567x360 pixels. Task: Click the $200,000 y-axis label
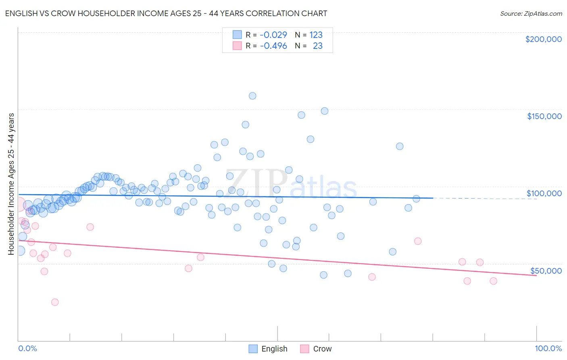click(x=543, y=39)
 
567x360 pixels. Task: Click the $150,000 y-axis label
click(x=544, y=116)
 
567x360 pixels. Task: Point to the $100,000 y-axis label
click(x=544, y=193)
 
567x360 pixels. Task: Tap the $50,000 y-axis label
click(x=546, y=270)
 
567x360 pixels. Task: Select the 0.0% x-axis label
click(x=27, y=348)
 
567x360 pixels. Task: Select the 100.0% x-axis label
click(x=548, y=348)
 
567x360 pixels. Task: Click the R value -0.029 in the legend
click(x=273, y=35)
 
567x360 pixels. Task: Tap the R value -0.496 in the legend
click(x=273, y=46)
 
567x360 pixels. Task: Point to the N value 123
click(x=316, y=35)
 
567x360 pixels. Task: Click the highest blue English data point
click(x=252, y=96)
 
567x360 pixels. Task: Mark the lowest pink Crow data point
click(x=55, y=302)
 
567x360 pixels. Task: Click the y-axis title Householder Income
click(x=11, y=184)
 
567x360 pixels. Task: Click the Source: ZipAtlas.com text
click(x=531, y=14)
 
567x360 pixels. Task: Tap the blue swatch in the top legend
click(x=237, y=35)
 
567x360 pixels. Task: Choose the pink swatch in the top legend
click(x=237, y=46)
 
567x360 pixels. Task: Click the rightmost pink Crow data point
click(x=493, y=281)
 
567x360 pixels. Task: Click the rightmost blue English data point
click(x=416, y=199)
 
